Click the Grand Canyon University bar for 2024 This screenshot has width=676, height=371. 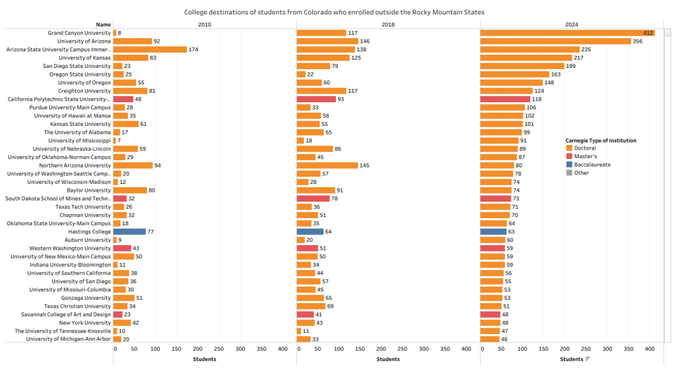click(567, 33)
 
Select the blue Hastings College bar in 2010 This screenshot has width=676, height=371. click(129, 231)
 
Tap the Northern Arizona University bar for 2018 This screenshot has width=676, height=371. click(327, 165)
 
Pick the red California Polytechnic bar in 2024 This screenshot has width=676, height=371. click(505, 99)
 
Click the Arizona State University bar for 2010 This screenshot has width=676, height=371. click(150, 49)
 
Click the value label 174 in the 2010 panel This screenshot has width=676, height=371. click(193, 49)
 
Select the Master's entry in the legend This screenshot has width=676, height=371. click(586, 156)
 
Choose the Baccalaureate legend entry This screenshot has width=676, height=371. click(592, 164)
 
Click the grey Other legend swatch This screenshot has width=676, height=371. click(569, 173)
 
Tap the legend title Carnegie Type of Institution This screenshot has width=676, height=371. click(601, 140)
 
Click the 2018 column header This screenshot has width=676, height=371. click(388, 24)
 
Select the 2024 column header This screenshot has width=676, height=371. click(571, 24)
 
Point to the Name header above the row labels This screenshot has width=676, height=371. click(103, 24)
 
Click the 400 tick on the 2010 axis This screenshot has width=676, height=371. click(283, 348)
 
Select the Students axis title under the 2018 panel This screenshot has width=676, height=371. click(388, 359)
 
